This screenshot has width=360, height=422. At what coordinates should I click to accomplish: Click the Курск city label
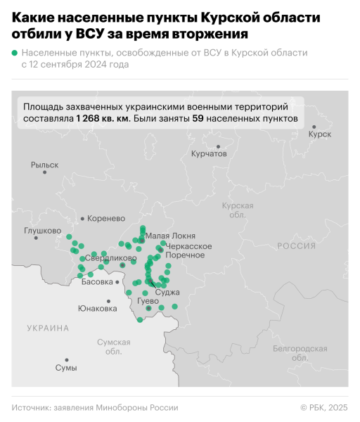tap(319, 134)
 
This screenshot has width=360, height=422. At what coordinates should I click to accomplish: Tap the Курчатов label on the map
tap(210, 153)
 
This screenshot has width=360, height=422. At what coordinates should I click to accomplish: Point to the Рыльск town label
tap(44, 165)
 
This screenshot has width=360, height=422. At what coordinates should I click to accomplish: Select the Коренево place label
tap(106, 219)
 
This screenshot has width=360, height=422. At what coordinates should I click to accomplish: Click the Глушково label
tap(42, 230)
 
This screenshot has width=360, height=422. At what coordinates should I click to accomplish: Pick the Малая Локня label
tap(169, 236)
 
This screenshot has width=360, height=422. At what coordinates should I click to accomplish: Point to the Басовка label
tap(97, 282)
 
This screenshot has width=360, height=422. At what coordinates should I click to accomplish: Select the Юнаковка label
tap(97, 308)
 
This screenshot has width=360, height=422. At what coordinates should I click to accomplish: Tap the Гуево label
tap(148, 301)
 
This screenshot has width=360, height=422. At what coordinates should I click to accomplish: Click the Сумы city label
tap(66, 368)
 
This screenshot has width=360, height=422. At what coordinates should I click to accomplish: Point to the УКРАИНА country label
tap(49, 328)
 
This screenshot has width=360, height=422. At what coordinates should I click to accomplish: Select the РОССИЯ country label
tap(297, 246)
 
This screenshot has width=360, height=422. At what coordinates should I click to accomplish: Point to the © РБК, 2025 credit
tap(324, 407)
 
